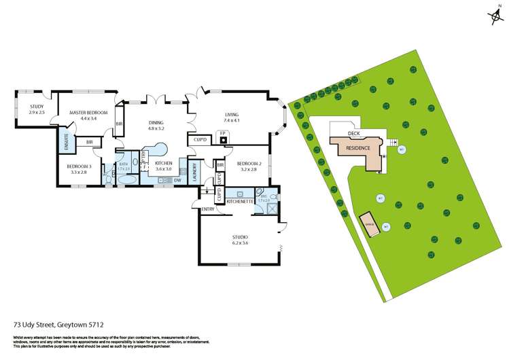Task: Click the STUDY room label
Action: click(37, 106)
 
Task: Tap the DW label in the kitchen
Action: click(177, 181)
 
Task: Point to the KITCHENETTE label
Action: click(240, 202)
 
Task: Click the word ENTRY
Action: click(207, 209)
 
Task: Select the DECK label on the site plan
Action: click(353, 134)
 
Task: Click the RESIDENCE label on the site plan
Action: click(357, 147)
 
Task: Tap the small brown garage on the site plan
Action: click(370, 226)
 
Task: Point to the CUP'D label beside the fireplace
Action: click(200, 140)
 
